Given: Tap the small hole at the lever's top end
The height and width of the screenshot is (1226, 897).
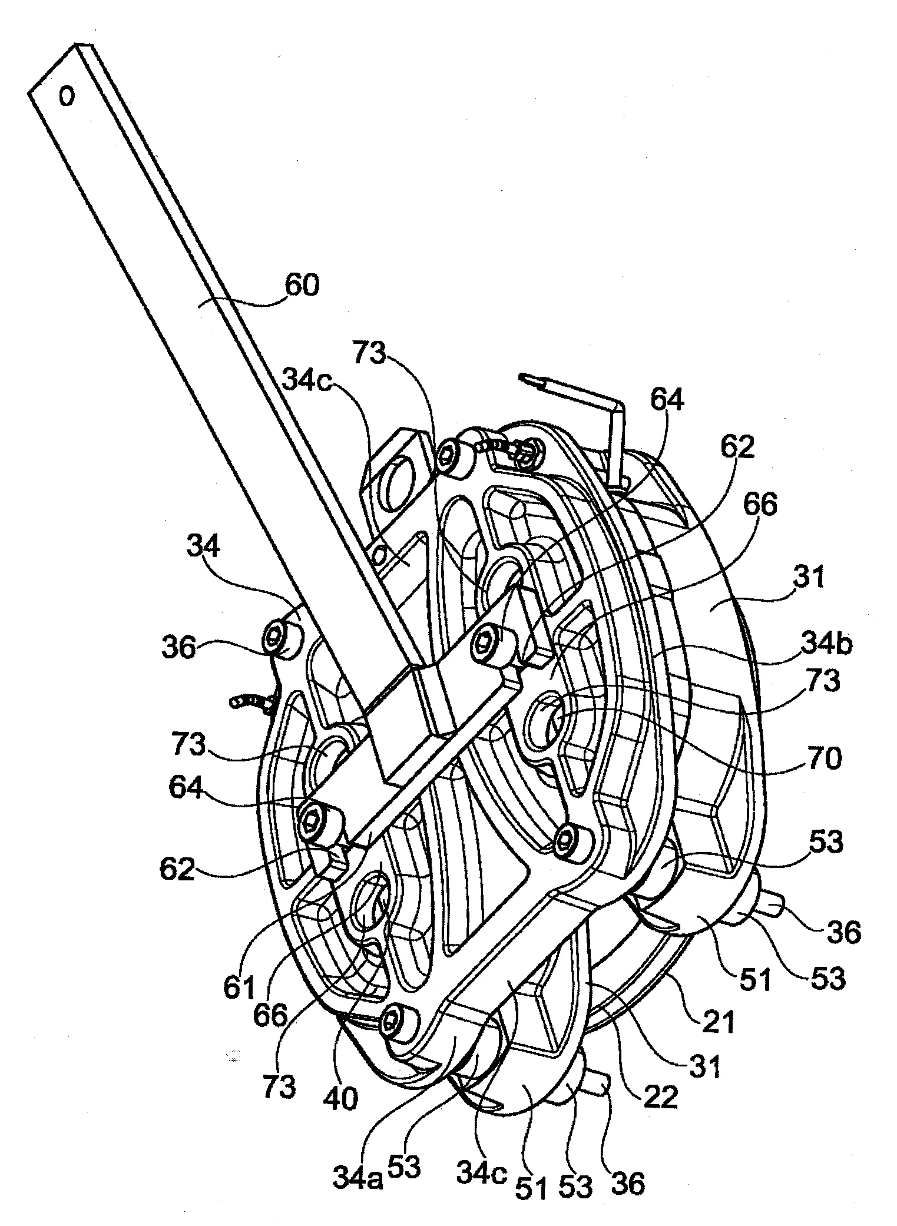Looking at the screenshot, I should (x=68, y=95).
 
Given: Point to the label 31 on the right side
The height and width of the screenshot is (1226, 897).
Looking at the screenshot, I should (x=811, y=577).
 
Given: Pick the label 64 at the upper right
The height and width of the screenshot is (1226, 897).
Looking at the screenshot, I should (x=668, y=401).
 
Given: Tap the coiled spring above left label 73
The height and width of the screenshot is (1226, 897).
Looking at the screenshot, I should (x=250, y=701).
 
